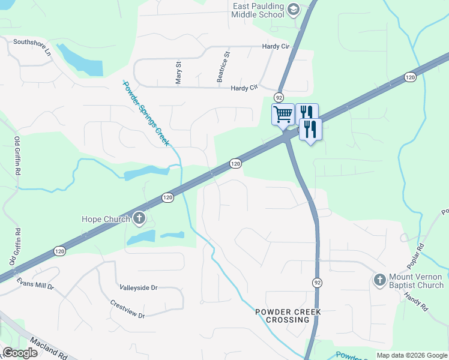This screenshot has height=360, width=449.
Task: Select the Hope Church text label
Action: click(x=106, y=219)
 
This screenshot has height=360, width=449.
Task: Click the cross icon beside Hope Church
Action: click(x=139, y=218)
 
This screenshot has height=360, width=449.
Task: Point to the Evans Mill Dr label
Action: click(x=35, y=283)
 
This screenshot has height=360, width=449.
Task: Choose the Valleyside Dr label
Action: click(x=138, y=288)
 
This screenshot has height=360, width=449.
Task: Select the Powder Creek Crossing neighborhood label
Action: click(x=288, y=316)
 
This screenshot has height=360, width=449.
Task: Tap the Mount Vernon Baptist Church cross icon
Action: click(x=379, y=280)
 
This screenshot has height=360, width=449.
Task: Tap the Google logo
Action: click(x=20, y=353)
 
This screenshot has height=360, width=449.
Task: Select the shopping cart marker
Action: click(x=283, y=113)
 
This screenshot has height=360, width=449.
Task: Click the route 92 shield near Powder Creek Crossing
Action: click(x=316, y=282)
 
